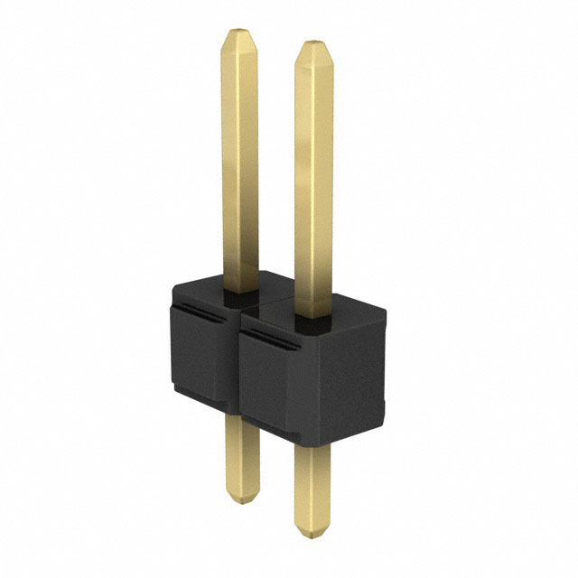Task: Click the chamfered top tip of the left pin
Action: [238, 41]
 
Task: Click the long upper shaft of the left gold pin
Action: [239, 163]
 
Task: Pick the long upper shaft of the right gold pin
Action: [312, 181]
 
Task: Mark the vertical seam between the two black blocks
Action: [239, 361]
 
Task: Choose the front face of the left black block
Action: [203, 361]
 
